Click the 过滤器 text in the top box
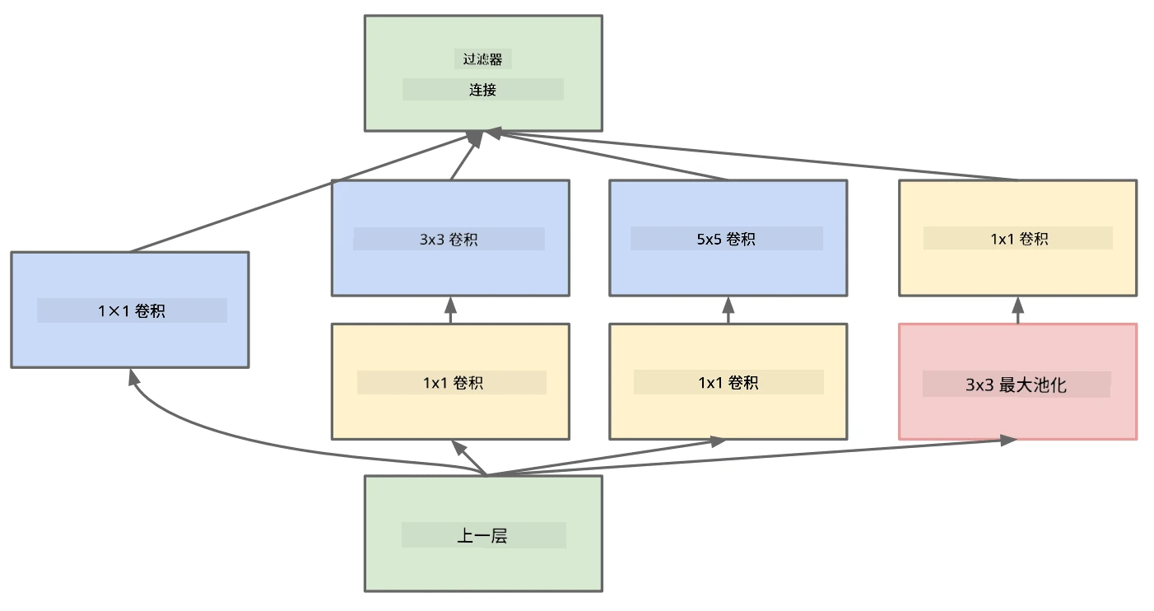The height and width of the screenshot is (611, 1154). point(482,59)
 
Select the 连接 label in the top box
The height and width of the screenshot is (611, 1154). point(482,90)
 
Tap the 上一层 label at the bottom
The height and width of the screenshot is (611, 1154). point(482,536)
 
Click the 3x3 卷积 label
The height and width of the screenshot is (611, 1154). point(449,239)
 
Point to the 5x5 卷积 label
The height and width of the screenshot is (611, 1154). point(726,239)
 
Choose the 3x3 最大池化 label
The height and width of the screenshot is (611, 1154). point(1016,385)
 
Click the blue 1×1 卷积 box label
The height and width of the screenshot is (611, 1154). point(132,310)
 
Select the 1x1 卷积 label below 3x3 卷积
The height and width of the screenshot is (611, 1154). point(453,382)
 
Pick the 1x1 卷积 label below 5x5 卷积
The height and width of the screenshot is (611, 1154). point(728,382)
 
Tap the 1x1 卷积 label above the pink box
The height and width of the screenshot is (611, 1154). point(1019,239)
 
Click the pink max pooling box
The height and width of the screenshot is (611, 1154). point(1017,382)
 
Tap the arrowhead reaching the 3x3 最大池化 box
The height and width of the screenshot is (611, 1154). point(1007,440)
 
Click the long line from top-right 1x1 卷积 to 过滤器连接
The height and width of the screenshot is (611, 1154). point(752,156)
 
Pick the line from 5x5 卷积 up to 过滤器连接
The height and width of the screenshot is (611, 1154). point(608,156)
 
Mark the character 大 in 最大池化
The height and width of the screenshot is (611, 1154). point(1024,385)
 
